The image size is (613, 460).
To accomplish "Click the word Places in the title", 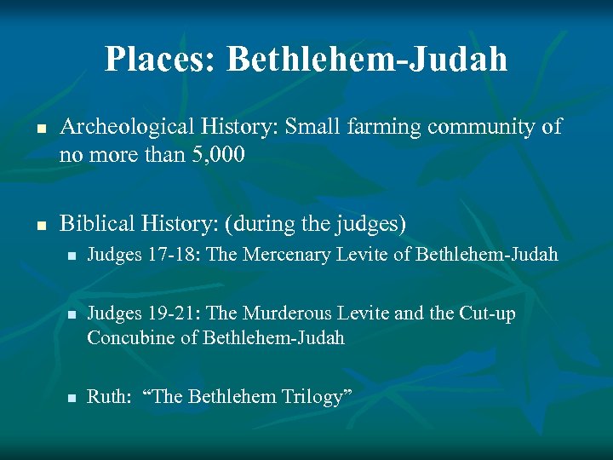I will point(161,60).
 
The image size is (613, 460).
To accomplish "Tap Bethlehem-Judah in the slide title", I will point(367,60).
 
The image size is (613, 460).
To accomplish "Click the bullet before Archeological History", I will point(38,129).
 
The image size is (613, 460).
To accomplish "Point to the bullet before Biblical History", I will point(38,225).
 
